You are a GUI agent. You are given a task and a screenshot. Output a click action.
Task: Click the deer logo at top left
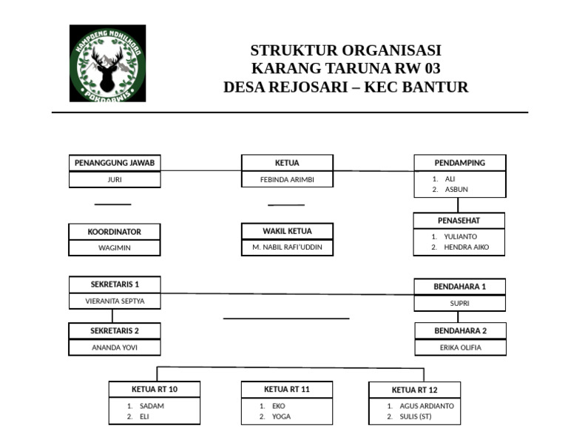[x=107, y=63]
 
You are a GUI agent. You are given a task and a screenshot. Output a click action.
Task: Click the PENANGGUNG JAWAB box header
[x=115, y=163]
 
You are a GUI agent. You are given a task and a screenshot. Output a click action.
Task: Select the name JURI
[x=115, y=180]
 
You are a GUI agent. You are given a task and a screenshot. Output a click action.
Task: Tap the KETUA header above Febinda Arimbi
[x=287, y=163]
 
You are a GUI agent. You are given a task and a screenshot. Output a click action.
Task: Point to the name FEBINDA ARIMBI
[x=287, y=180]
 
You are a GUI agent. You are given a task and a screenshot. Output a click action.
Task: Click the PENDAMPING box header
[x=460, y=163]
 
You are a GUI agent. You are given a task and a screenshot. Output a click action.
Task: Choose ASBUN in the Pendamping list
[x=456, y=190]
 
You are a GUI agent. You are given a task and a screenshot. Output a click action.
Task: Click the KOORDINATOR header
[x=114, y=232]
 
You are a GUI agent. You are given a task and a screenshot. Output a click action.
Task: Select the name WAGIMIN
[x=114, y=248]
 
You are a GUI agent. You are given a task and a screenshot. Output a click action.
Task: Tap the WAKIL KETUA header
[x=287, y=231]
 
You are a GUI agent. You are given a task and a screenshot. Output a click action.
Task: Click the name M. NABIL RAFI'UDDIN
[x=287, y=247]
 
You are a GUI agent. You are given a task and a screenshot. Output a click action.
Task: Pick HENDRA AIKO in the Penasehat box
[x=466, y=247]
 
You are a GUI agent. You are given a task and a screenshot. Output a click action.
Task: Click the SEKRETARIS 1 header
[x=115, y=284]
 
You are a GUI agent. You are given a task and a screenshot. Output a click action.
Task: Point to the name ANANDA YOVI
[x=115, y=347]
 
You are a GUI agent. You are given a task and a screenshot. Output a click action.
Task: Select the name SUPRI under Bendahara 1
[x=460, y=303]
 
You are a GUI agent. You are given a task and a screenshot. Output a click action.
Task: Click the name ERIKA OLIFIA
[x=460, y=347]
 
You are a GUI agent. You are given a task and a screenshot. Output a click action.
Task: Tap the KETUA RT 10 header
[x=155, y=390]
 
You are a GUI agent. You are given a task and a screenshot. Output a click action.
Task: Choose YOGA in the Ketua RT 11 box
[x=281, y=417]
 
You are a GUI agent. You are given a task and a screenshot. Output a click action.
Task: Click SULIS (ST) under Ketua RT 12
[x=415, y=417]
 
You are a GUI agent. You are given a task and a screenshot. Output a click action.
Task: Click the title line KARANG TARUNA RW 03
[x=346, y=69]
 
